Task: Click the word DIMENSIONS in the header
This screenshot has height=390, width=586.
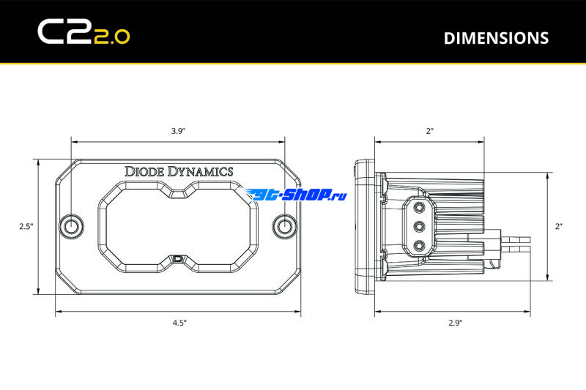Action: tap(496, 38)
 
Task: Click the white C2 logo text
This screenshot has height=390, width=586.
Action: tap(65, 32)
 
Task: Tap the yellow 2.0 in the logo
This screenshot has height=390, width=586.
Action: tap(112, 37)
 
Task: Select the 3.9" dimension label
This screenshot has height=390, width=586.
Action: tap(178, 131)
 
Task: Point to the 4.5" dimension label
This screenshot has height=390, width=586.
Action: tap(179, 323)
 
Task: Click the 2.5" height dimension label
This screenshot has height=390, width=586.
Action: tap(26, 226)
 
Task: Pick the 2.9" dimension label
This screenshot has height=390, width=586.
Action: tap(455, 323)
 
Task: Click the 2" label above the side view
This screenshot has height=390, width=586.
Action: tap(429, 131)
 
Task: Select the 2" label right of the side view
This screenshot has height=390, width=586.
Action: tap(559, 226)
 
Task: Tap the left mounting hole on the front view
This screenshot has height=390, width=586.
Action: tap(71, 226)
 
